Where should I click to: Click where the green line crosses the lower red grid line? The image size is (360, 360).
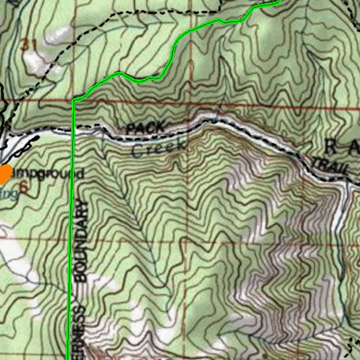pos(70,239)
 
